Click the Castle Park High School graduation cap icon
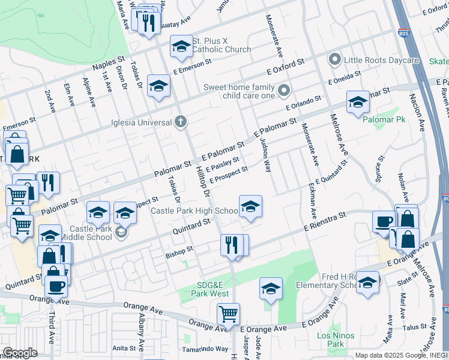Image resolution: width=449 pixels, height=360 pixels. (x=250, y=208)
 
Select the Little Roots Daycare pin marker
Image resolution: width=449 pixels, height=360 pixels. (x=334, y=60)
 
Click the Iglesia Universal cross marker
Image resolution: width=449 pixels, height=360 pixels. (x=179, y=123)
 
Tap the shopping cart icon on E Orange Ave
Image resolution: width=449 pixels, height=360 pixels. (x=228, y=314)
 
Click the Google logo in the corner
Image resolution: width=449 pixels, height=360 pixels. (x=20, y=353)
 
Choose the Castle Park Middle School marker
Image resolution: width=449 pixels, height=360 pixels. (x=121, y=232)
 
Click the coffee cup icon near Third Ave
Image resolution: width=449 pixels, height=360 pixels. (x=56, y=287)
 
